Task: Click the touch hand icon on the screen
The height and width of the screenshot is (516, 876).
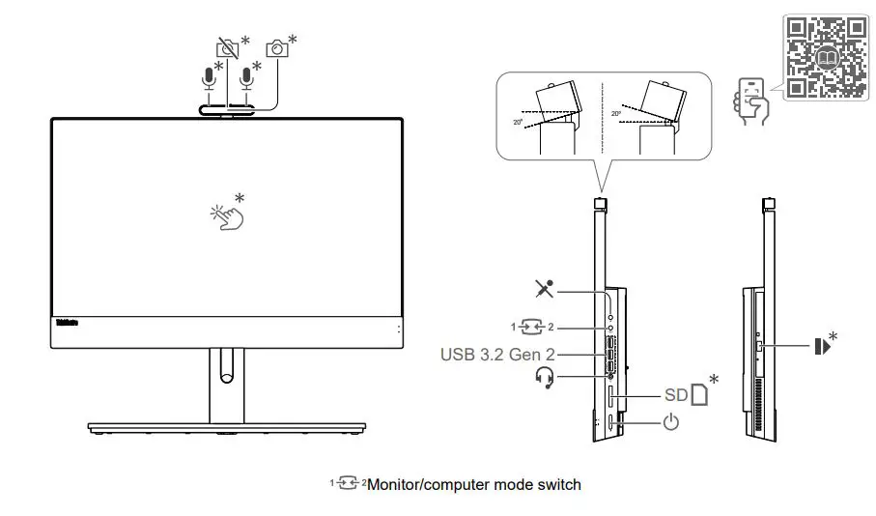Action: coord(228,215)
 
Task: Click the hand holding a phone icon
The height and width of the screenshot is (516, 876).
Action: coord(752,100)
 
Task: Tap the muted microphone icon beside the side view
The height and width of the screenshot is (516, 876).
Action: coord(547,289)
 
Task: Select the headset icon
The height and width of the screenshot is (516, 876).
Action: coord(546,378)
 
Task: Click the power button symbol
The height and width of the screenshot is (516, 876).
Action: coord(671,422)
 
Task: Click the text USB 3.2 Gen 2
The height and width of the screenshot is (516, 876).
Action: coord(496,355)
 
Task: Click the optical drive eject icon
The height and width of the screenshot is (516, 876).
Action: coord(822,344)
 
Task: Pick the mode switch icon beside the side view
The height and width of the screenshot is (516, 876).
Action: coord(538,328)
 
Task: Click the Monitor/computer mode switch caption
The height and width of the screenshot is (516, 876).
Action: coord(473,483)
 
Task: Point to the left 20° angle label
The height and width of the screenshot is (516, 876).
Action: coord(518,123)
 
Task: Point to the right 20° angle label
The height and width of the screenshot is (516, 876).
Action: coord(616,114)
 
